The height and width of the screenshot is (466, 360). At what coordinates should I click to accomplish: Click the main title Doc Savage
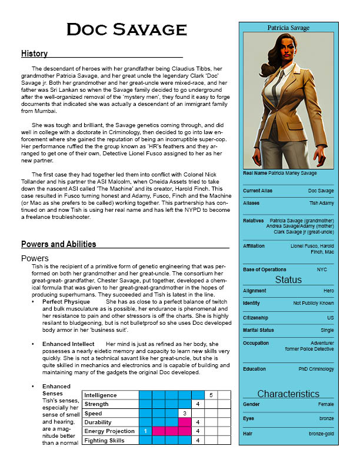click(x=122, y=29)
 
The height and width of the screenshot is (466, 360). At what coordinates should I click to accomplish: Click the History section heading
click(x=34, y=54)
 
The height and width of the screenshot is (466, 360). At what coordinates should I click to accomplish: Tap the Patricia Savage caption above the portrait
click(x=288, y=28)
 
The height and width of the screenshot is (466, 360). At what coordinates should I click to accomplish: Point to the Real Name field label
click(x=255, y=173)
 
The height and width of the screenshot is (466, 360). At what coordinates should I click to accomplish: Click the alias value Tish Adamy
click(x=322, y=203)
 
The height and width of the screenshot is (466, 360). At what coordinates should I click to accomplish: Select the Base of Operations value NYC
click(x=322, y=269)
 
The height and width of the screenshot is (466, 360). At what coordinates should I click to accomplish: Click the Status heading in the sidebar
click(x=288, y=280)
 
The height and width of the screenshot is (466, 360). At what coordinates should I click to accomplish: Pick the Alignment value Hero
click(x=328, y=291)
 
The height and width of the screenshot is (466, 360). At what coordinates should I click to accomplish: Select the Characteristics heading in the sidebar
click(x=288, y=394)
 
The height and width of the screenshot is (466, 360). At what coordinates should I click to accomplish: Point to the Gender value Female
click(x=325, y=405)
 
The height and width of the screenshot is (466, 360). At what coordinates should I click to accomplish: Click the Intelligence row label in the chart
click(x=101, y=395)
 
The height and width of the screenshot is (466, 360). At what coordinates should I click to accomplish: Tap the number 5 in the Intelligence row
click(x=211, y=395)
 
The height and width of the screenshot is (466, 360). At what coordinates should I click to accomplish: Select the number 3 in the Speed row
click(x=184, y=414)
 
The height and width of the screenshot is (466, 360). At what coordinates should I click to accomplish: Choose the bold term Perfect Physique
click(x=66, y=301)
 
